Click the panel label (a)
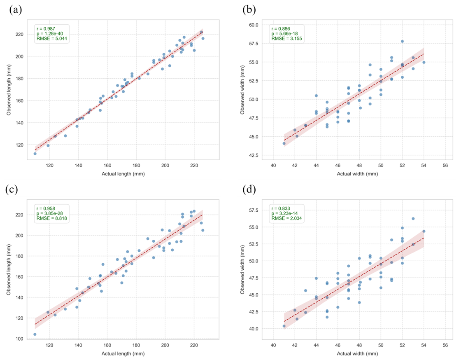(x=15, y=10)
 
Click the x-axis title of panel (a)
(x=123, y=174)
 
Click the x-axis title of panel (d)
(x=357, y=353)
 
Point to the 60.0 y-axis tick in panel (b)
(x=254, y=25)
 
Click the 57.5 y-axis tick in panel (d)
(x=254, y=210)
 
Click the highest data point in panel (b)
(x=402, y=41)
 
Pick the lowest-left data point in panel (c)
(x=35, y=334)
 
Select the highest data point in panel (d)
(x=413, y=219)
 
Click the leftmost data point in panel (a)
(x=35, y=154)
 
